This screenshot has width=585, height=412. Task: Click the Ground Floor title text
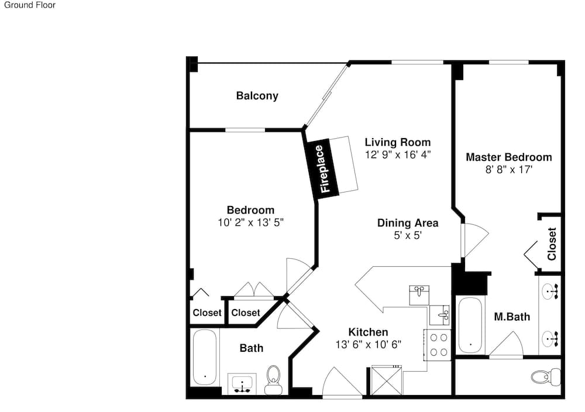[30, 5]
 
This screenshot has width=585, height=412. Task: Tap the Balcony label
[257, 96]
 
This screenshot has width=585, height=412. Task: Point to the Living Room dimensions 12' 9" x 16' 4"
[398, 154]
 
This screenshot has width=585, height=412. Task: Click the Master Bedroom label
[509, 157]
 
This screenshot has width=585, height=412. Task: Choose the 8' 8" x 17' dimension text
[508, 170]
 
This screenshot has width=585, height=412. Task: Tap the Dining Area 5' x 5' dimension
[408, 235]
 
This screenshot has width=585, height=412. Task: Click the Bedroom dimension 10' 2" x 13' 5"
[251, 223]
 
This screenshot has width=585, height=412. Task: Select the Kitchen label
[368, 332]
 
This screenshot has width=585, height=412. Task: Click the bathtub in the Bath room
[205, 357]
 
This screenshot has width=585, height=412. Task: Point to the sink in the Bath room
[242, 384]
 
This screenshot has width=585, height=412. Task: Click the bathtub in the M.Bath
[470, 325]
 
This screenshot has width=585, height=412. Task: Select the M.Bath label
[512, 317]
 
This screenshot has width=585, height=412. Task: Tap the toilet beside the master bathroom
[546, 376]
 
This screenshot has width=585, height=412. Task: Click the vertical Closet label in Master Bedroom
[552, 243]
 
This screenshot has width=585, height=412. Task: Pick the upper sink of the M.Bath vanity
[550, 291]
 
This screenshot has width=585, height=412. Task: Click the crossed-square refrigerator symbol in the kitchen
[387, 380]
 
